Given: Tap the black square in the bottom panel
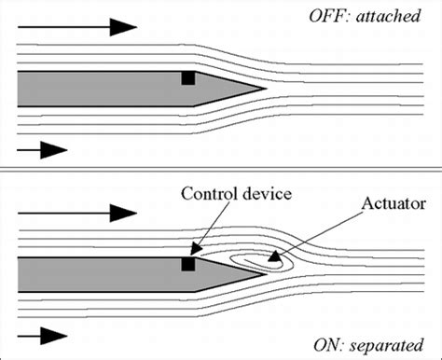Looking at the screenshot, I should [x=187, y=264].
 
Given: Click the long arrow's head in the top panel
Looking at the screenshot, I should [x=125, y=27].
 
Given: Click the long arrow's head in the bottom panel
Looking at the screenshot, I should [x=125, y=213].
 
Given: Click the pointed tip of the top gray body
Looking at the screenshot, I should [x=265, y=90].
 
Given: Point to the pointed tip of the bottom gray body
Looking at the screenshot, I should [x=265, y=276].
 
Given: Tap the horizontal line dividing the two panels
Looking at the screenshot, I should [x=221, y=170].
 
